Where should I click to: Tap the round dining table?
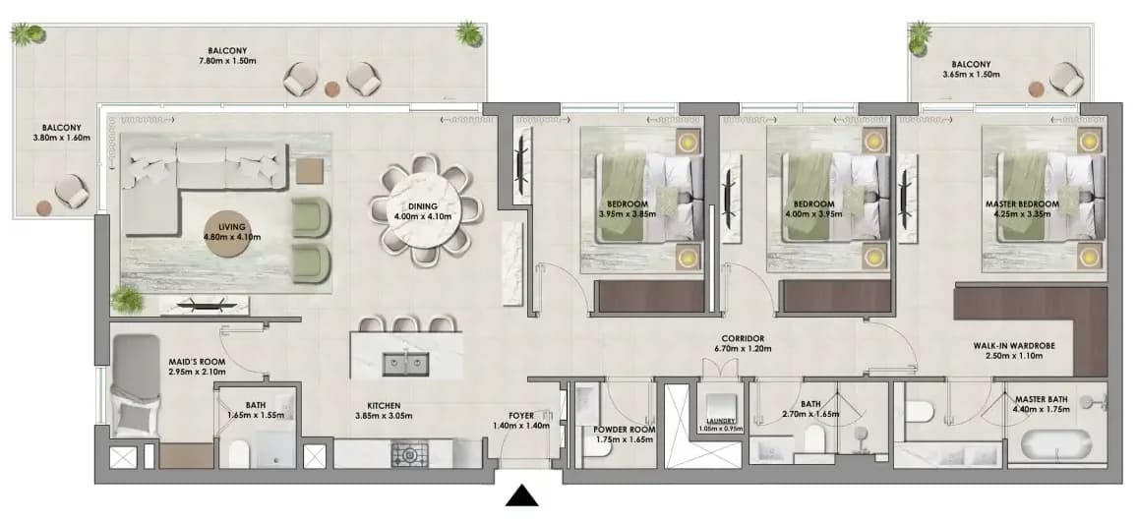(x=425, y=209)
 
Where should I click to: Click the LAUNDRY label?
(x=721, y=421)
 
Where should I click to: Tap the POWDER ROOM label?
(x=625, y=430)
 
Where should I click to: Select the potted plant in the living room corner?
(x=127, y=299)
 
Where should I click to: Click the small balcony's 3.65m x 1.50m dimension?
(x=971, y=74)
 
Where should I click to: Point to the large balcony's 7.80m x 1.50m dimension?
(x=232, y=61)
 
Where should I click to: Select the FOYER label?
(x=522, y=416)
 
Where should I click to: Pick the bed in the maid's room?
(x=137, y=385)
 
